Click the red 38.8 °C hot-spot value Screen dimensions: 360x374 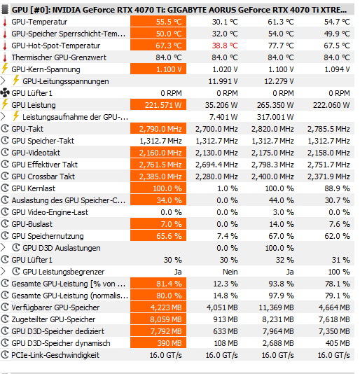coord(225,46)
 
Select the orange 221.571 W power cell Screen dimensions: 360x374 coord(158,105)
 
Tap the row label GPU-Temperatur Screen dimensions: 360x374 coord(39,22)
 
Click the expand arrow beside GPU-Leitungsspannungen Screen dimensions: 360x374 coord(3,81)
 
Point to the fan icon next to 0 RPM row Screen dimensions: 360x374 coord(5,92)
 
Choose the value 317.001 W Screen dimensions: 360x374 coord(275,117)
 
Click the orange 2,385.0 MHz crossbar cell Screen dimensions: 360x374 coord(158,176)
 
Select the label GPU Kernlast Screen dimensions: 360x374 coord(33,188)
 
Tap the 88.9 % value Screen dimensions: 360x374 coord(337,188)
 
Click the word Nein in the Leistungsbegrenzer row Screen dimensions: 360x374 coord(230,272)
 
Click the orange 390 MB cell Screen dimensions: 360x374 coord(158,343)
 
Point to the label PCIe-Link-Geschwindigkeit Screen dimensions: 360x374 coord(55,355)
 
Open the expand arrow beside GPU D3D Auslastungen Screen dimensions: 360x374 coord(3,248)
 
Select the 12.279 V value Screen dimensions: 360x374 coord(279,81)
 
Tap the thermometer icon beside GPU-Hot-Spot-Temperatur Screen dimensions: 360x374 coord(4,46)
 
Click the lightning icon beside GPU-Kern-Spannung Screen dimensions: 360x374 coord(4,69)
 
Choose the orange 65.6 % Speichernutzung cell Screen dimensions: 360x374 coord(158,236)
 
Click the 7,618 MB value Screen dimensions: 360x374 coord(334,319)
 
